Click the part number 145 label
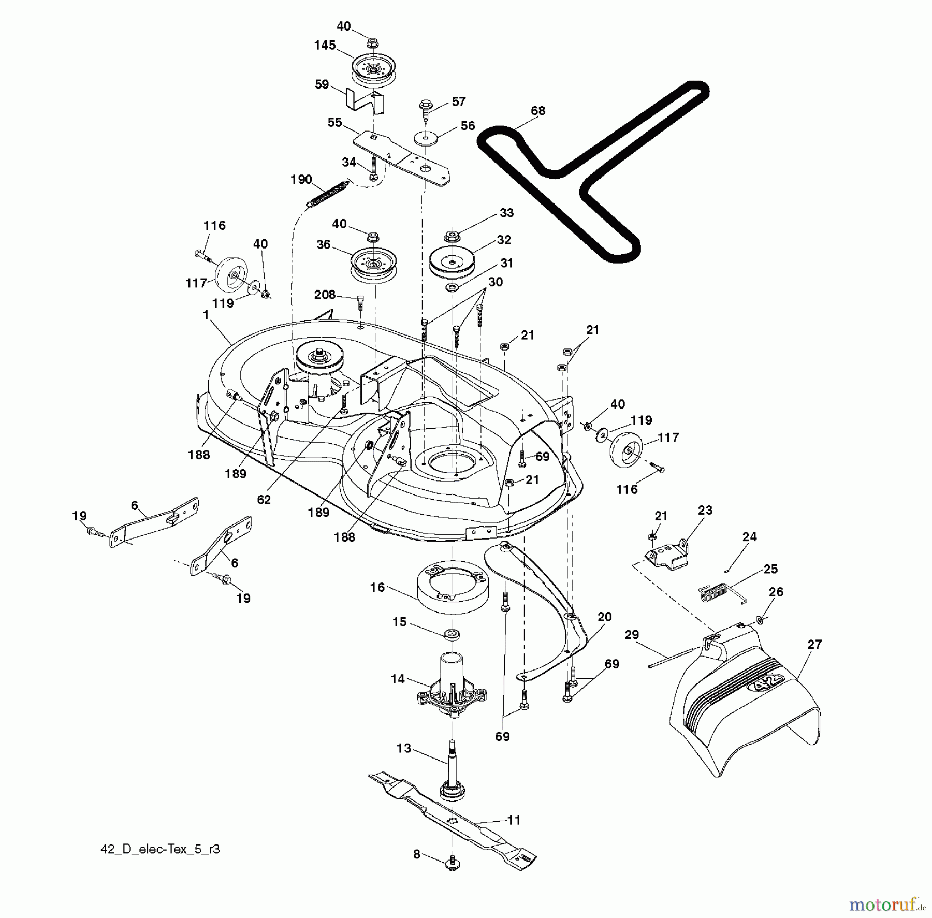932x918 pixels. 325,45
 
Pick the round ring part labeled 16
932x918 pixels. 452,590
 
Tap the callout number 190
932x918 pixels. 301,180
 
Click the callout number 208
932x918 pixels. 325,295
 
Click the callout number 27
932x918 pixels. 814,644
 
